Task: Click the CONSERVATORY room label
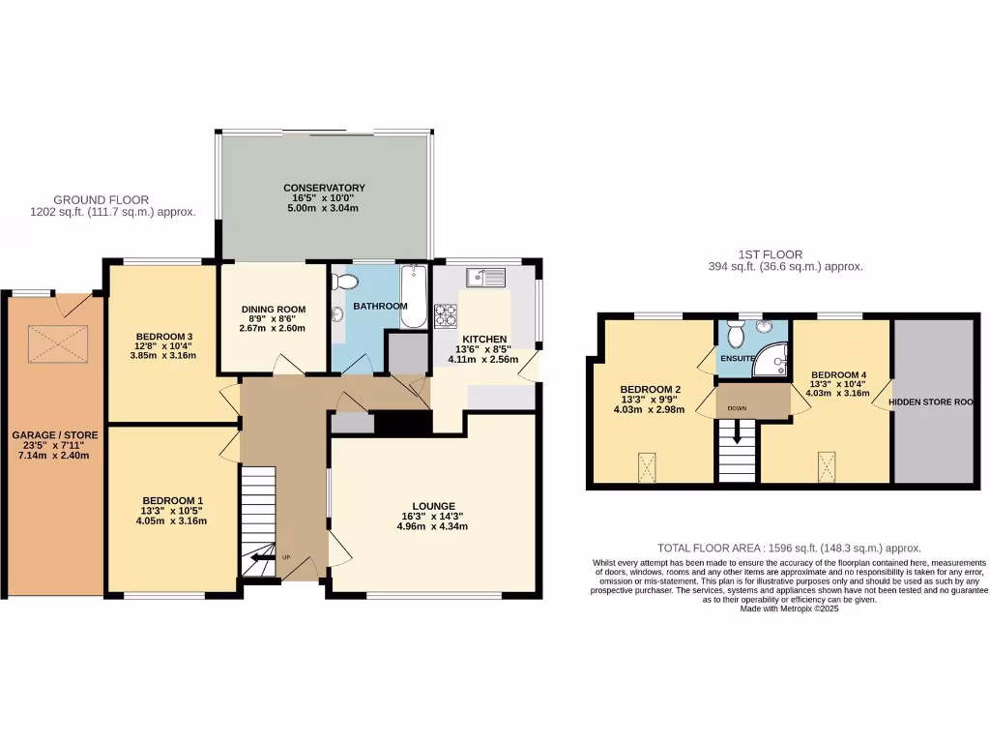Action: click(324, 188)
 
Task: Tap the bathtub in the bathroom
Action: click(413, 297)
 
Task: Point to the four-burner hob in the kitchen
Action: click(446, 315)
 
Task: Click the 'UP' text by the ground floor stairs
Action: click(286, 558)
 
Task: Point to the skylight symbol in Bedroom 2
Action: click(646, 468)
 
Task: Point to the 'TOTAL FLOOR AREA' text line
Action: click(789, 548)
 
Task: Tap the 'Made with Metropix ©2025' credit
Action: click(789, 609)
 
